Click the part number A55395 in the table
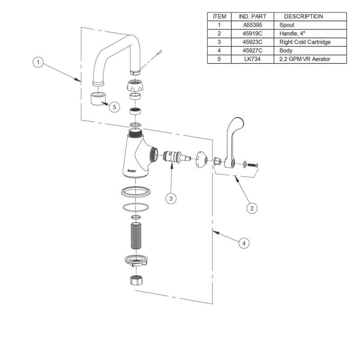pos(252,25)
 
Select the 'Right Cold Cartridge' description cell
pos(305,42)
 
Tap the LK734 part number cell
pos(252,59)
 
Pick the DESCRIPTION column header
pos(303,17)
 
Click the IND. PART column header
pos(252,17)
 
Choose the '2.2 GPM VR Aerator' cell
pos(305,59)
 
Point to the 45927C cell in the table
pos(252,50)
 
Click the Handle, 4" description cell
pos(292,33)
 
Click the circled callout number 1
pos(38,62)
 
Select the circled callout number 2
pos(252,208)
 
